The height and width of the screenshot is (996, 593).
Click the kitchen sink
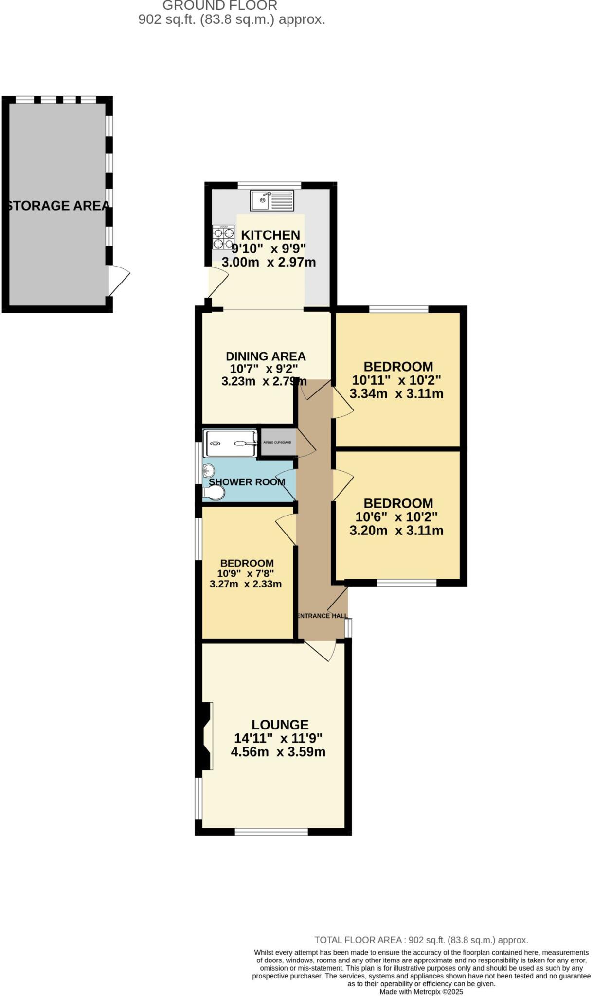[272, 200]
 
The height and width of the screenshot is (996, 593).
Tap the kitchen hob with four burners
[223, 237]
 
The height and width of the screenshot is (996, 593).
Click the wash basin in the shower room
[209, 470]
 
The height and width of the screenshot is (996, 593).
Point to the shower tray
[230, 443]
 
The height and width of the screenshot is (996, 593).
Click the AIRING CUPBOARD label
[277, 442]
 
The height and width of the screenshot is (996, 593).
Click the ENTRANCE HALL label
[322, 616]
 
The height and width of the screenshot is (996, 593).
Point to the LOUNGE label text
[280, 725]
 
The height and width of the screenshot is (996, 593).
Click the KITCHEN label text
[270, 235]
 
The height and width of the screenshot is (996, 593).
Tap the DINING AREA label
[266, 356]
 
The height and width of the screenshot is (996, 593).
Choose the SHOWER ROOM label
[247, 482]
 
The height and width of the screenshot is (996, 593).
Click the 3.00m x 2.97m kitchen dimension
[269, 263]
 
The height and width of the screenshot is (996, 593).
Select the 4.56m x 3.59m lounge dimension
[278, 752]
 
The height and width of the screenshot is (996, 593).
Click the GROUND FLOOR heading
[220, 6]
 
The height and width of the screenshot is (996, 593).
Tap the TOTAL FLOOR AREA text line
[421, 940]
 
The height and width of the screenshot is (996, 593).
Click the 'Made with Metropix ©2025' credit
[421, 991]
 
